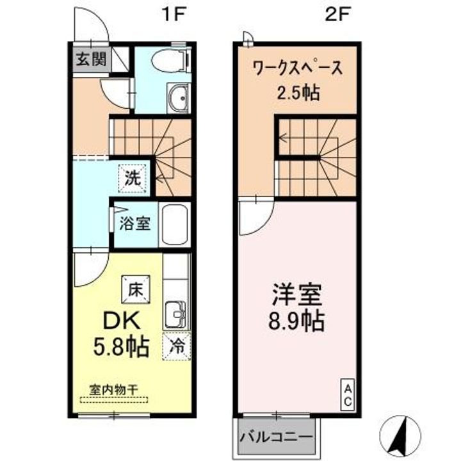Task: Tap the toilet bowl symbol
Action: pyautogui.click(x=169, y=61)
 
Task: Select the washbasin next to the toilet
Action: pyautogui.click(x=177, y=97)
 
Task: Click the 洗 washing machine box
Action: pyautogui.click(x=133, y=179)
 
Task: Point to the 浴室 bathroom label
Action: pyautogui.click(x=134, y=224)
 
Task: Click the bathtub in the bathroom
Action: pyautogui.click(x=175, y=225)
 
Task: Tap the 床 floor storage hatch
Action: pyautogui.click(x=136, y=289)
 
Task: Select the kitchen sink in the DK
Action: pyautogui.click(x=175, y=315)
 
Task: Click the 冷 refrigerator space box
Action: pyautogui.click(x=177, y=346)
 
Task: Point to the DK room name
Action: pyautogui.click(x=121, y=321)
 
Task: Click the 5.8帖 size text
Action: pyautogui.click(x=121, y=347)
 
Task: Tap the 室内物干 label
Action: pyautogui.click(x=114, y=390)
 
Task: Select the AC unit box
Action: pyautogui.click(x=348, y=394)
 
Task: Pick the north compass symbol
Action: pyautogui.click(x=400, y=436)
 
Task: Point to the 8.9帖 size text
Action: pyautogui.click(x=296, y=321)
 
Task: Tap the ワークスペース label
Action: pyautogui.click(x=298, y=68)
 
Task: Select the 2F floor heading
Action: pyautogui.click(x=336, y=14)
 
